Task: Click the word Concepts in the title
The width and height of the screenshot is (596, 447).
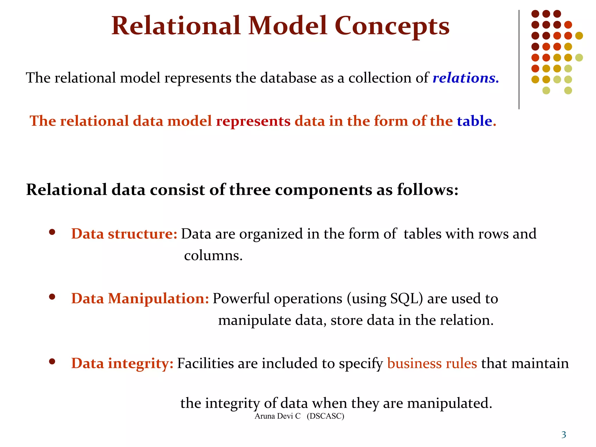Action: pos(392,26)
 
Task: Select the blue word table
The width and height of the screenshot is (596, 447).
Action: pos(474,121)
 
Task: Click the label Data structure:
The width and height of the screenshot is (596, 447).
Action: pos(124,234)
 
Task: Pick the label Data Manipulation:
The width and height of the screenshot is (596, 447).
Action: pos(140,299)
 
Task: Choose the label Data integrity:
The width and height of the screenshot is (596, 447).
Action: pos(122,363)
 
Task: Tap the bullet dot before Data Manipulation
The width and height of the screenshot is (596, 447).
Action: pos(52,297)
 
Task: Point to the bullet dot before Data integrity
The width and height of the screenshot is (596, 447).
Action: pos(52,362)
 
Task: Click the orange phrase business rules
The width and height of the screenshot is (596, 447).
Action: pos(432,363)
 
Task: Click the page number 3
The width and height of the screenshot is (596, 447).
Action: pos(564,435)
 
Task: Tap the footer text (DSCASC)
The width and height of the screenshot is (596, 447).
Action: pos(325,416)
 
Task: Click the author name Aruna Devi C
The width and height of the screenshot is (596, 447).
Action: pos(277,416)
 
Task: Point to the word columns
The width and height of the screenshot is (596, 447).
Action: pos(213,256)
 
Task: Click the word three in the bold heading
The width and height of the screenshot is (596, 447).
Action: pos(250,190)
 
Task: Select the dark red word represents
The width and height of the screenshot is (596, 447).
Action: pos(253,121)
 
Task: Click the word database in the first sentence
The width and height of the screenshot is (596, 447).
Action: pos(288,78)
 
